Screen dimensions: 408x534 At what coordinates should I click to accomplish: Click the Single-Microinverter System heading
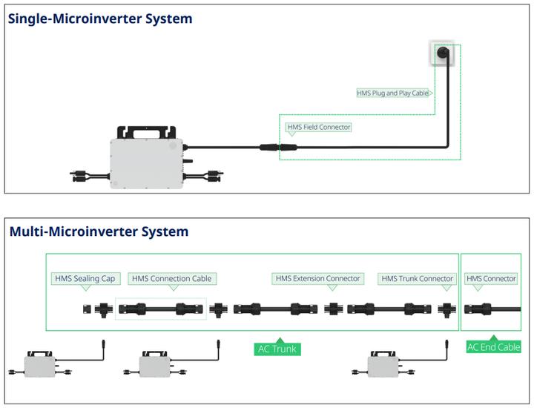click(x=100, y=19)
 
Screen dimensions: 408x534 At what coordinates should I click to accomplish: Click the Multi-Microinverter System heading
click(x=99, y=231)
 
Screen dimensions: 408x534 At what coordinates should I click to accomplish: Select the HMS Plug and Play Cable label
click(x=393, y=93)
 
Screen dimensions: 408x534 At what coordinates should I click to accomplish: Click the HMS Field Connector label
click(x=318, y=128)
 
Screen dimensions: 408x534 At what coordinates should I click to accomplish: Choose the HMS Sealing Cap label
click(x=85, y=279)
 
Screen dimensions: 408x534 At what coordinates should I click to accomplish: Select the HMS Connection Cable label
click(x=172, y=279)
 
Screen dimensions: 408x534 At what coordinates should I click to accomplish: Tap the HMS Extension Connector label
click(x=317, y=279)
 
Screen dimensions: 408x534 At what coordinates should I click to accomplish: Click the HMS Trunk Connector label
click(x=416, y=279)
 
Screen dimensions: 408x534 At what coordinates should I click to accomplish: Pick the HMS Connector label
click(x=490, y=279)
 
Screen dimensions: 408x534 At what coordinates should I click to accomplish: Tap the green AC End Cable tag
click(x=493, y=346)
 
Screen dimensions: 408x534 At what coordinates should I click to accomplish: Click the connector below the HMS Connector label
click(x=479, y=308)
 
